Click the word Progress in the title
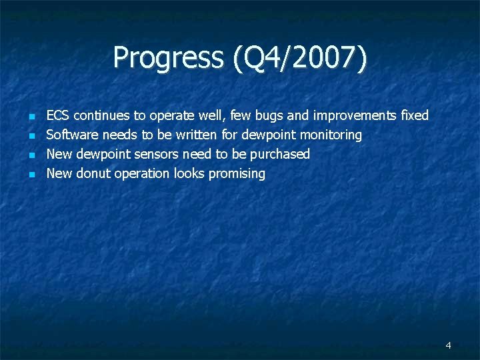pyautogui.click(x=170, y=58)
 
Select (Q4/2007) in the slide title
pyautogui.click(x=299, y=58)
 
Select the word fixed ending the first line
pyautogui.click(x=415, y=116)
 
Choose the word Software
pyautogui.click(x=72, y=135)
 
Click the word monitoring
pyautogui.click(x=331, y=135)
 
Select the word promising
pyautogui.click(x=237, y=174)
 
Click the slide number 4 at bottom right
pyautogui.click(x=448, y=345)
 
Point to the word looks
pyautogui.click(x=189, y=174)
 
